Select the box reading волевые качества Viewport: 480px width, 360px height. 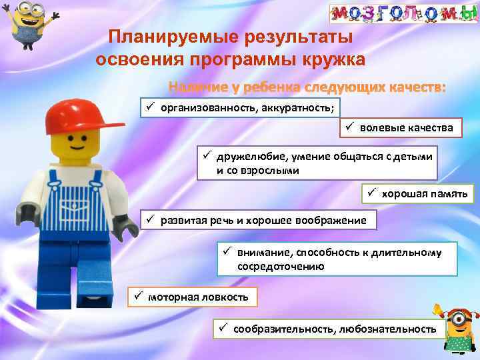(401, 127)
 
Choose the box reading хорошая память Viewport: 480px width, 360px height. (419, 193)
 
